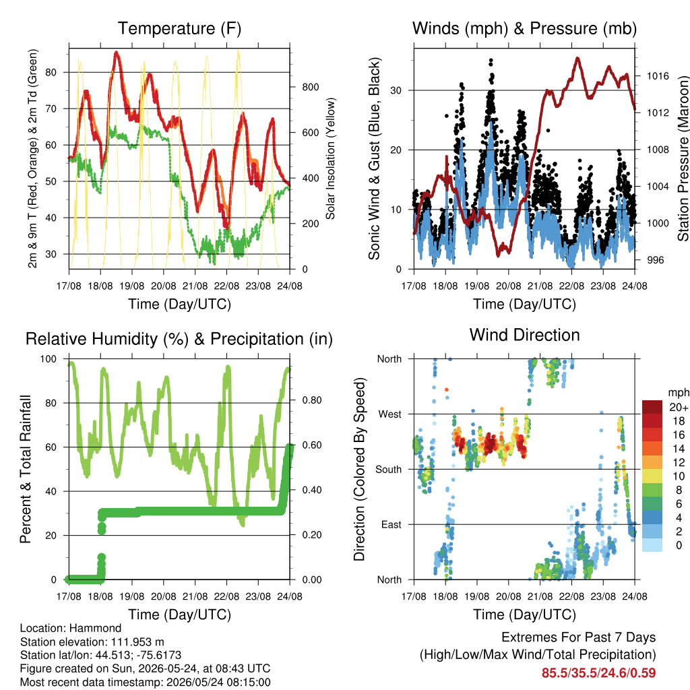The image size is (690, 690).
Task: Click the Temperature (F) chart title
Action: click(179, 28)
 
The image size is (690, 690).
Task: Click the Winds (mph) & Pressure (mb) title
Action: click(524, 28)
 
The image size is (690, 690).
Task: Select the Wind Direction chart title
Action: click(524, 335)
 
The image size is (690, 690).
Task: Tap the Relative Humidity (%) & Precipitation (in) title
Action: click(179, 340)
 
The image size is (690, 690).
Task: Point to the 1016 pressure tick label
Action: click(658, 76)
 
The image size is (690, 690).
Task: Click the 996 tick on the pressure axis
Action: click(655, 260)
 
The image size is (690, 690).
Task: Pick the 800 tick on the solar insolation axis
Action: click(310, 87)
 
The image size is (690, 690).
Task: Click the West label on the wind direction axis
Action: click(390, 414)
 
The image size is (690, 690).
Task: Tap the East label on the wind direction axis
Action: click(391, 524)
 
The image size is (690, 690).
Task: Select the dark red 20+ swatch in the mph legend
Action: click(652, 407)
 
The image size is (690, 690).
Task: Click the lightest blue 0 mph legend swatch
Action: click(652, 545)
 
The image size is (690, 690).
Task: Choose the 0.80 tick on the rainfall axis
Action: click(312, 400)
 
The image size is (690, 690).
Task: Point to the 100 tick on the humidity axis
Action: click(49, 359)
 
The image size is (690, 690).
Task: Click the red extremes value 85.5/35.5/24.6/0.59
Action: click(598, 673)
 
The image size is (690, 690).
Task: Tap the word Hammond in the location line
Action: click(96, 628)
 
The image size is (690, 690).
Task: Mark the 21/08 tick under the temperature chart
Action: click(195, 286)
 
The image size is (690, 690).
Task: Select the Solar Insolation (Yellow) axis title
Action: click(330, 158)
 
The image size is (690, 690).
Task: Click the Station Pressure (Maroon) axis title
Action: click(683, 158)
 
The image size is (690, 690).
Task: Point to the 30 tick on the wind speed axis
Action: click(396, 90)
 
